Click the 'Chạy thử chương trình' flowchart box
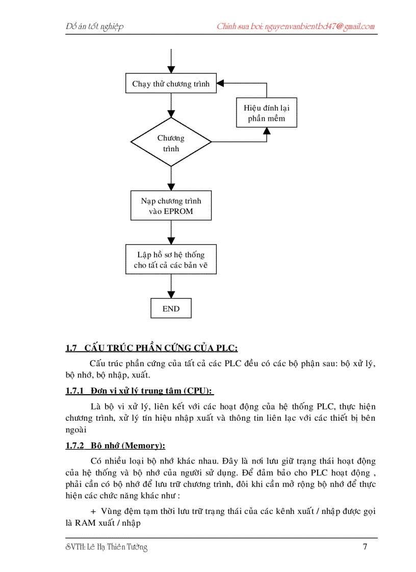point(171,84)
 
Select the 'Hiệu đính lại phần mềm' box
point(266,113)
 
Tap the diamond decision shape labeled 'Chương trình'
point(171,143)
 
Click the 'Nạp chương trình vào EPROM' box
point(171,206)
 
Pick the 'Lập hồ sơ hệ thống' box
point(171,260)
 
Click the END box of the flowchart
point(171,309)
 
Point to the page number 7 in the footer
point(365,548)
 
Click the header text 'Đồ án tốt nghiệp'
point(95,26)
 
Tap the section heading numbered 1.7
point(151,348)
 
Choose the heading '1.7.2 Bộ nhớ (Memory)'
point(115,446)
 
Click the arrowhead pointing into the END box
point(171,295)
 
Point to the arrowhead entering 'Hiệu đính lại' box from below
point(266,131)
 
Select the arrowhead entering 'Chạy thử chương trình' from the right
point(220,83)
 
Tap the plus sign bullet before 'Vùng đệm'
point(93,511)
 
